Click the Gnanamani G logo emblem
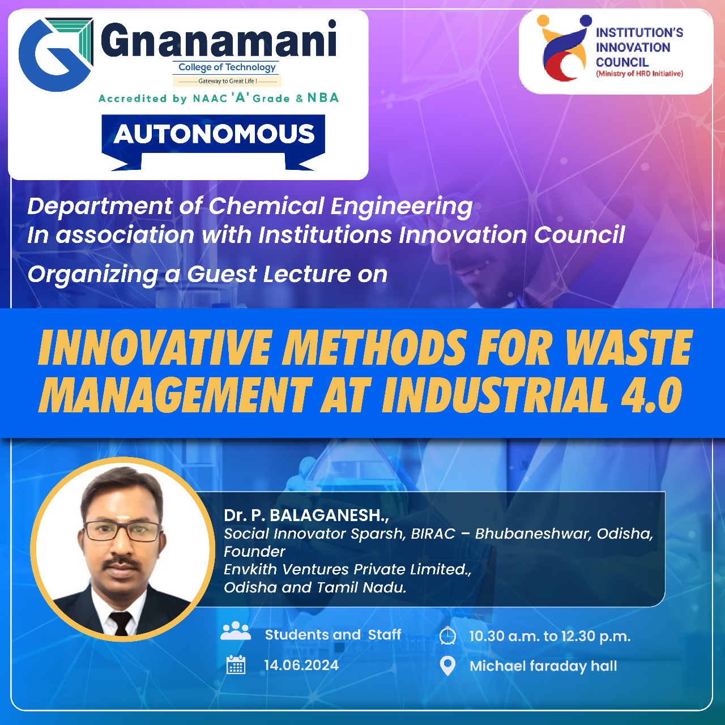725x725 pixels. click(56, 54)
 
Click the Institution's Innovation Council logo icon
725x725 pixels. click(563, 48)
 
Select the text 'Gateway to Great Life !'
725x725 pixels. click(227, 81)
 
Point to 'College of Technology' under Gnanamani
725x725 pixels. click(227, 67)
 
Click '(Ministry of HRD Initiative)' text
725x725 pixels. click(639, 74)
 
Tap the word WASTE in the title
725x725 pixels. click(628, 347)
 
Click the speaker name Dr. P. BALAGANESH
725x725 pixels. click(306, 515)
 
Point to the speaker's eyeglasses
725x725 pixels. click(123, 531)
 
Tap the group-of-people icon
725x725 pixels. click(236, 630)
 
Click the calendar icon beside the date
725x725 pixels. click(236, 664)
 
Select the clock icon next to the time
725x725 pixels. click(447, 636)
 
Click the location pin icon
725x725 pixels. click(447, 666)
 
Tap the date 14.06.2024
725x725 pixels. click(301, 665)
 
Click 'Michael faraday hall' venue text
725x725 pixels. click(543, 666)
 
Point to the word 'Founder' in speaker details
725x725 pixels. click(254, 552)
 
